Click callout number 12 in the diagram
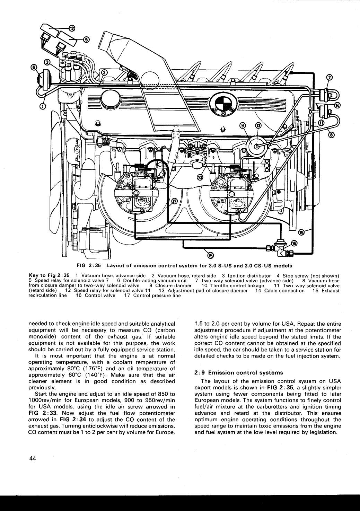(71, 28)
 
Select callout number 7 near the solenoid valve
(330, 77)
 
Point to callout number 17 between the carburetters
(175, 201)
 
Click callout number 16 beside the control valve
(294, 243)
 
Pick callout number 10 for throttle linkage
(200, 177)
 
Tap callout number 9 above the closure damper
(243, 125)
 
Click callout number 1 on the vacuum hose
(42, 106)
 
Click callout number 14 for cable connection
(337, 105)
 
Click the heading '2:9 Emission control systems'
(239, 373)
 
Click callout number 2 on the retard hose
(104, 72)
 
